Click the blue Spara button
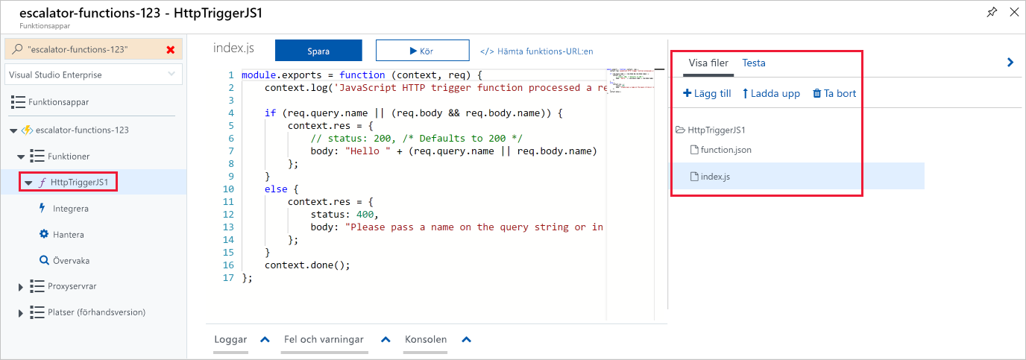tap(318, 51)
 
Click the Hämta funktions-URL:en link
tap(536, 51)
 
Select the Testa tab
tap(753, 63)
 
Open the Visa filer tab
tap(708, 63)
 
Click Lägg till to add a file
tap(707, 93)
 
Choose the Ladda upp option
tap(771, 93)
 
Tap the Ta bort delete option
tap(834, 93)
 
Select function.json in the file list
tap(726, 150)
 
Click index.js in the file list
tap(715, 177)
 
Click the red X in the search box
tap(171, 49)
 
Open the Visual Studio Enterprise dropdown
tap(93, 75)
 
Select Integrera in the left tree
tap(70, 209)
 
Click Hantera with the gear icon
tap(68, 235)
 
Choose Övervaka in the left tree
tap(70, 261)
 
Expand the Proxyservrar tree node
tap(20, 286)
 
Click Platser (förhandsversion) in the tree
tap(96, 312)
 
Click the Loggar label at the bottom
tap(230, 339)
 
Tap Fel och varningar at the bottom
tap(324, 339)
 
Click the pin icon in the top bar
tap(992, 12)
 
